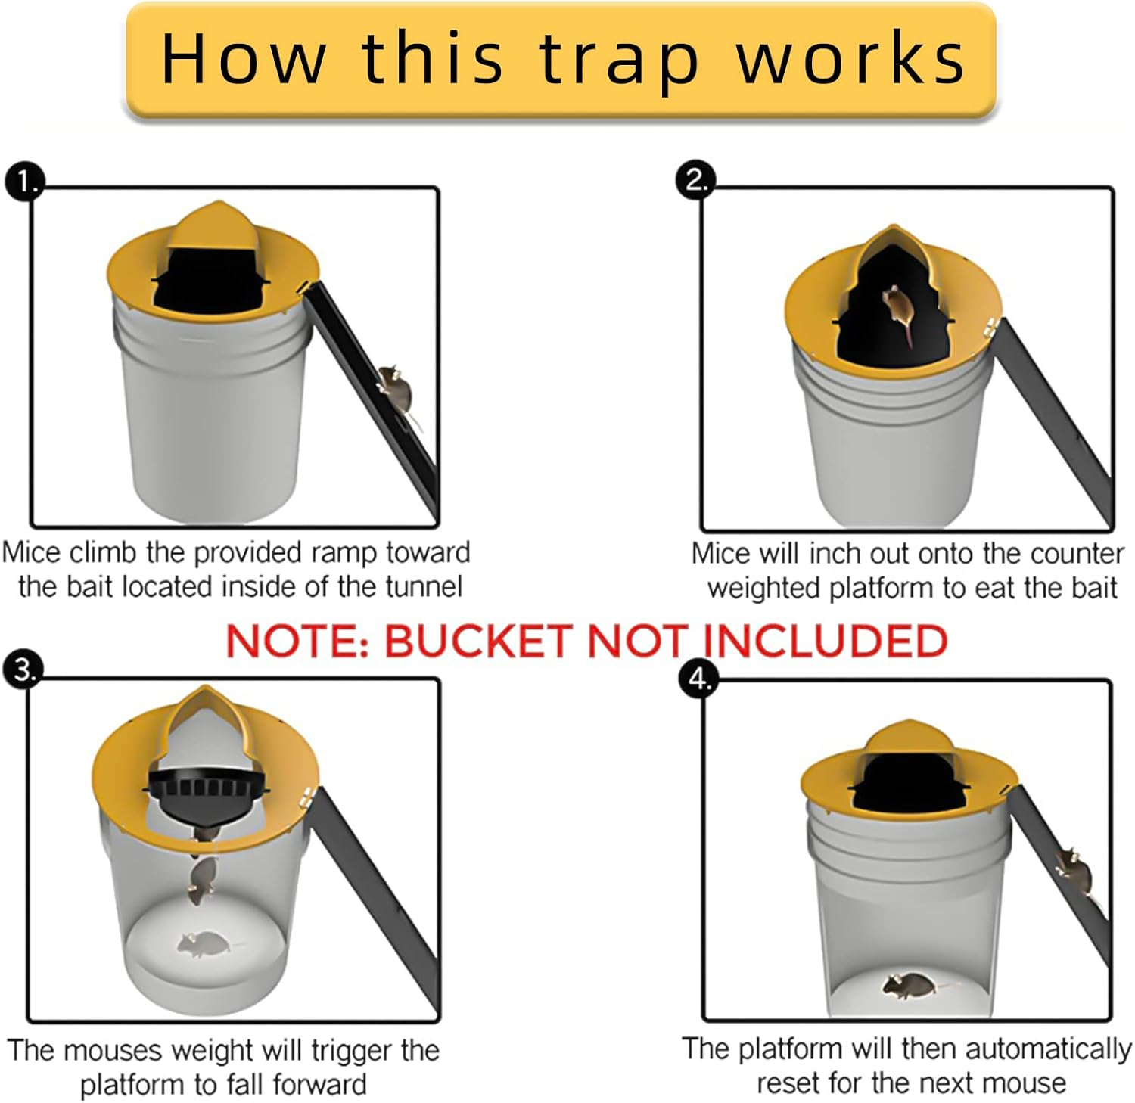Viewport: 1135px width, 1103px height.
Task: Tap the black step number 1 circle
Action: coord(25,182)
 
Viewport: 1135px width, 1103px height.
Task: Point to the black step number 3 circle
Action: coord(23,670)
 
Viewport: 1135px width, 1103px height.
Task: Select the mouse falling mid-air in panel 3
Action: coord(201,880)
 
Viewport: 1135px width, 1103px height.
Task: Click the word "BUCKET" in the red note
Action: coord(477,642)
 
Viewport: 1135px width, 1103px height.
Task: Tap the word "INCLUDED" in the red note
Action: coord(824,642)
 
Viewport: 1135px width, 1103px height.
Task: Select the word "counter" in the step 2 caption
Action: coord(1077,555)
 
